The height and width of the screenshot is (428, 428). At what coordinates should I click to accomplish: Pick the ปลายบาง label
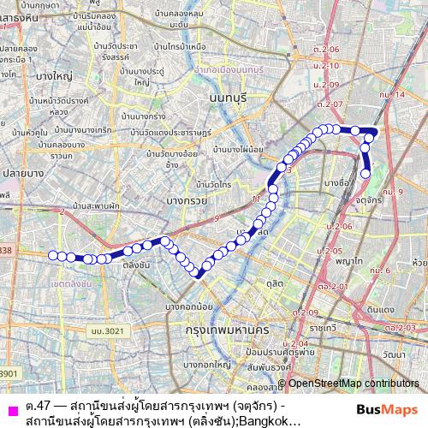17,172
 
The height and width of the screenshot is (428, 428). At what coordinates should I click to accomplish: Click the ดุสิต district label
275,282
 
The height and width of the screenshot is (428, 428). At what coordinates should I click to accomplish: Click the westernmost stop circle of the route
52,255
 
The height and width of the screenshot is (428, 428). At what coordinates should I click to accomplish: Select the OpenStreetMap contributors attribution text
353,384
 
